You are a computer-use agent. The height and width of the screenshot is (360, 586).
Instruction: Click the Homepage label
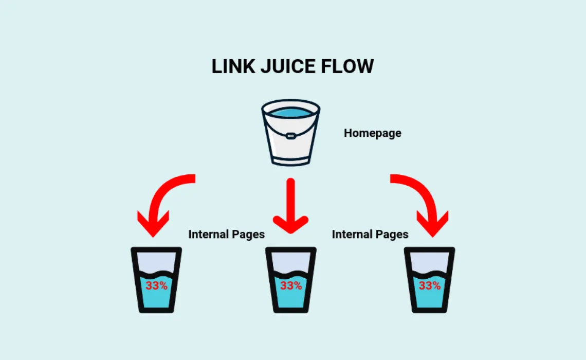pos(372,133)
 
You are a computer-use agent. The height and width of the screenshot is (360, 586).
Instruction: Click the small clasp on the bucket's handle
pos(290,137)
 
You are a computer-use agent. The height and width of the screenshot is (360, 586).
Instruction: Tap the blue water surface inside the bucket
pos(290,112)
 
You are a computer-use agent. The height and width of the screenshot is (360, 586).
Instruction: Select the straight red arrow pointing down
pos(290,206)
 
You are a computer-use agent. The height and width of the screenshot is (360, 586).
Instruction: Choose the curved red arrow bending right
pos(419,198)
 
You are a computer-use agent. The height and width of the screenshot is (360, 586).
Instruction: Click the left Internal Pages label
pos(226,235)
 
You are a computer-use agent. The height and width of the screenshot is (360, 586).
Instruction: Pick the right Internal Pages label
pos(370,235)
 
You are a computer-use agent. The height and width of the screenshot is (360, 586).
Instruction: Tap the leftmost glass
pos(156,280)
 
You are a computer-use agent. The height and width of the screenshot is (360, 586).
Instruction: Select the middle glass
pos(290,280)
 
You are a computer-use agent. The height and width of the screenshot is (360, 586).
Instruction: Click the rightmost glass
pos(429,280)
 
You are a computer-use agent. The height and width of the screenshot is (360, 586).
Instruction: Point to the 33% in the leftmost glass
pos(156,285)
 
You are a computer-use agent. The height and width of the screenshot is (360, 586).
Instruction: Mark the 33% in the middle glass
pos(291,285)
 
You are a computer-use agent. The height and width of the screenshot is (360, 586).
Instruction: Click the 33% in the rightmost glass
pos(429,285)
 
